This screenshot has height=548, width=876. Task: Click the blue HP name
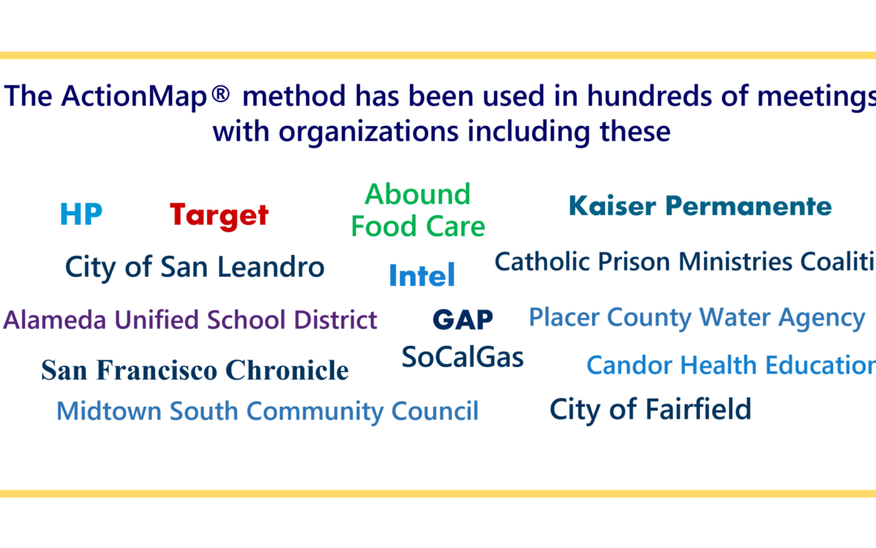coord(81,215)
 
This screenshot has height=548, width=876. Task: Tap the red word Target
coord(219,215)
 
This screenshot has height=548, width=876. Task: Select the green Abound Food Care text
coord(418,210)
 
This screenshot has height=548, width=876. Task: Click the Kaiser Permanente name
coord(700,206)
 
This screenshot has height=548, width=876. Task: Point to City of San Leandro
coord(195,267)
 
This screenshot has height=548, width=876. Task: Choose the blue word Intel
coord(422,276)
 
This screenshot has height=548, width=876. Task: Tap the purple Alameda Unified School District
coord(191,320)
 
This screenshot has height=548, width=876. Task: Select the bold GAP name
coord(462,320)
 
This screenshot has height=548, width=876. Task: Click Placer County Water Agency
coord(697,317)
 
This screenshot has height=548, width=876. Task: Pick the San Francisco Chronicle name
coord(195,371)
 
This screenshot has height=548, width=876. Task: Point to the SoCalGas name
coord(462,357)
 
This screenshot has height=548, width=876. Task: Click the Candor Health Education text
coord(730,366)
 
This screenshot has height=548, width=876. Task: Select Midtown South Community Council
coord(268,411)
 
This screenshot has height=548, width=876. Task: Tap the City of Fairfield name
coord(651,409)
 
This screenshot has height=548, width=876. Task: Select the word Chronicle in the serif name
coord(287,371)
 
